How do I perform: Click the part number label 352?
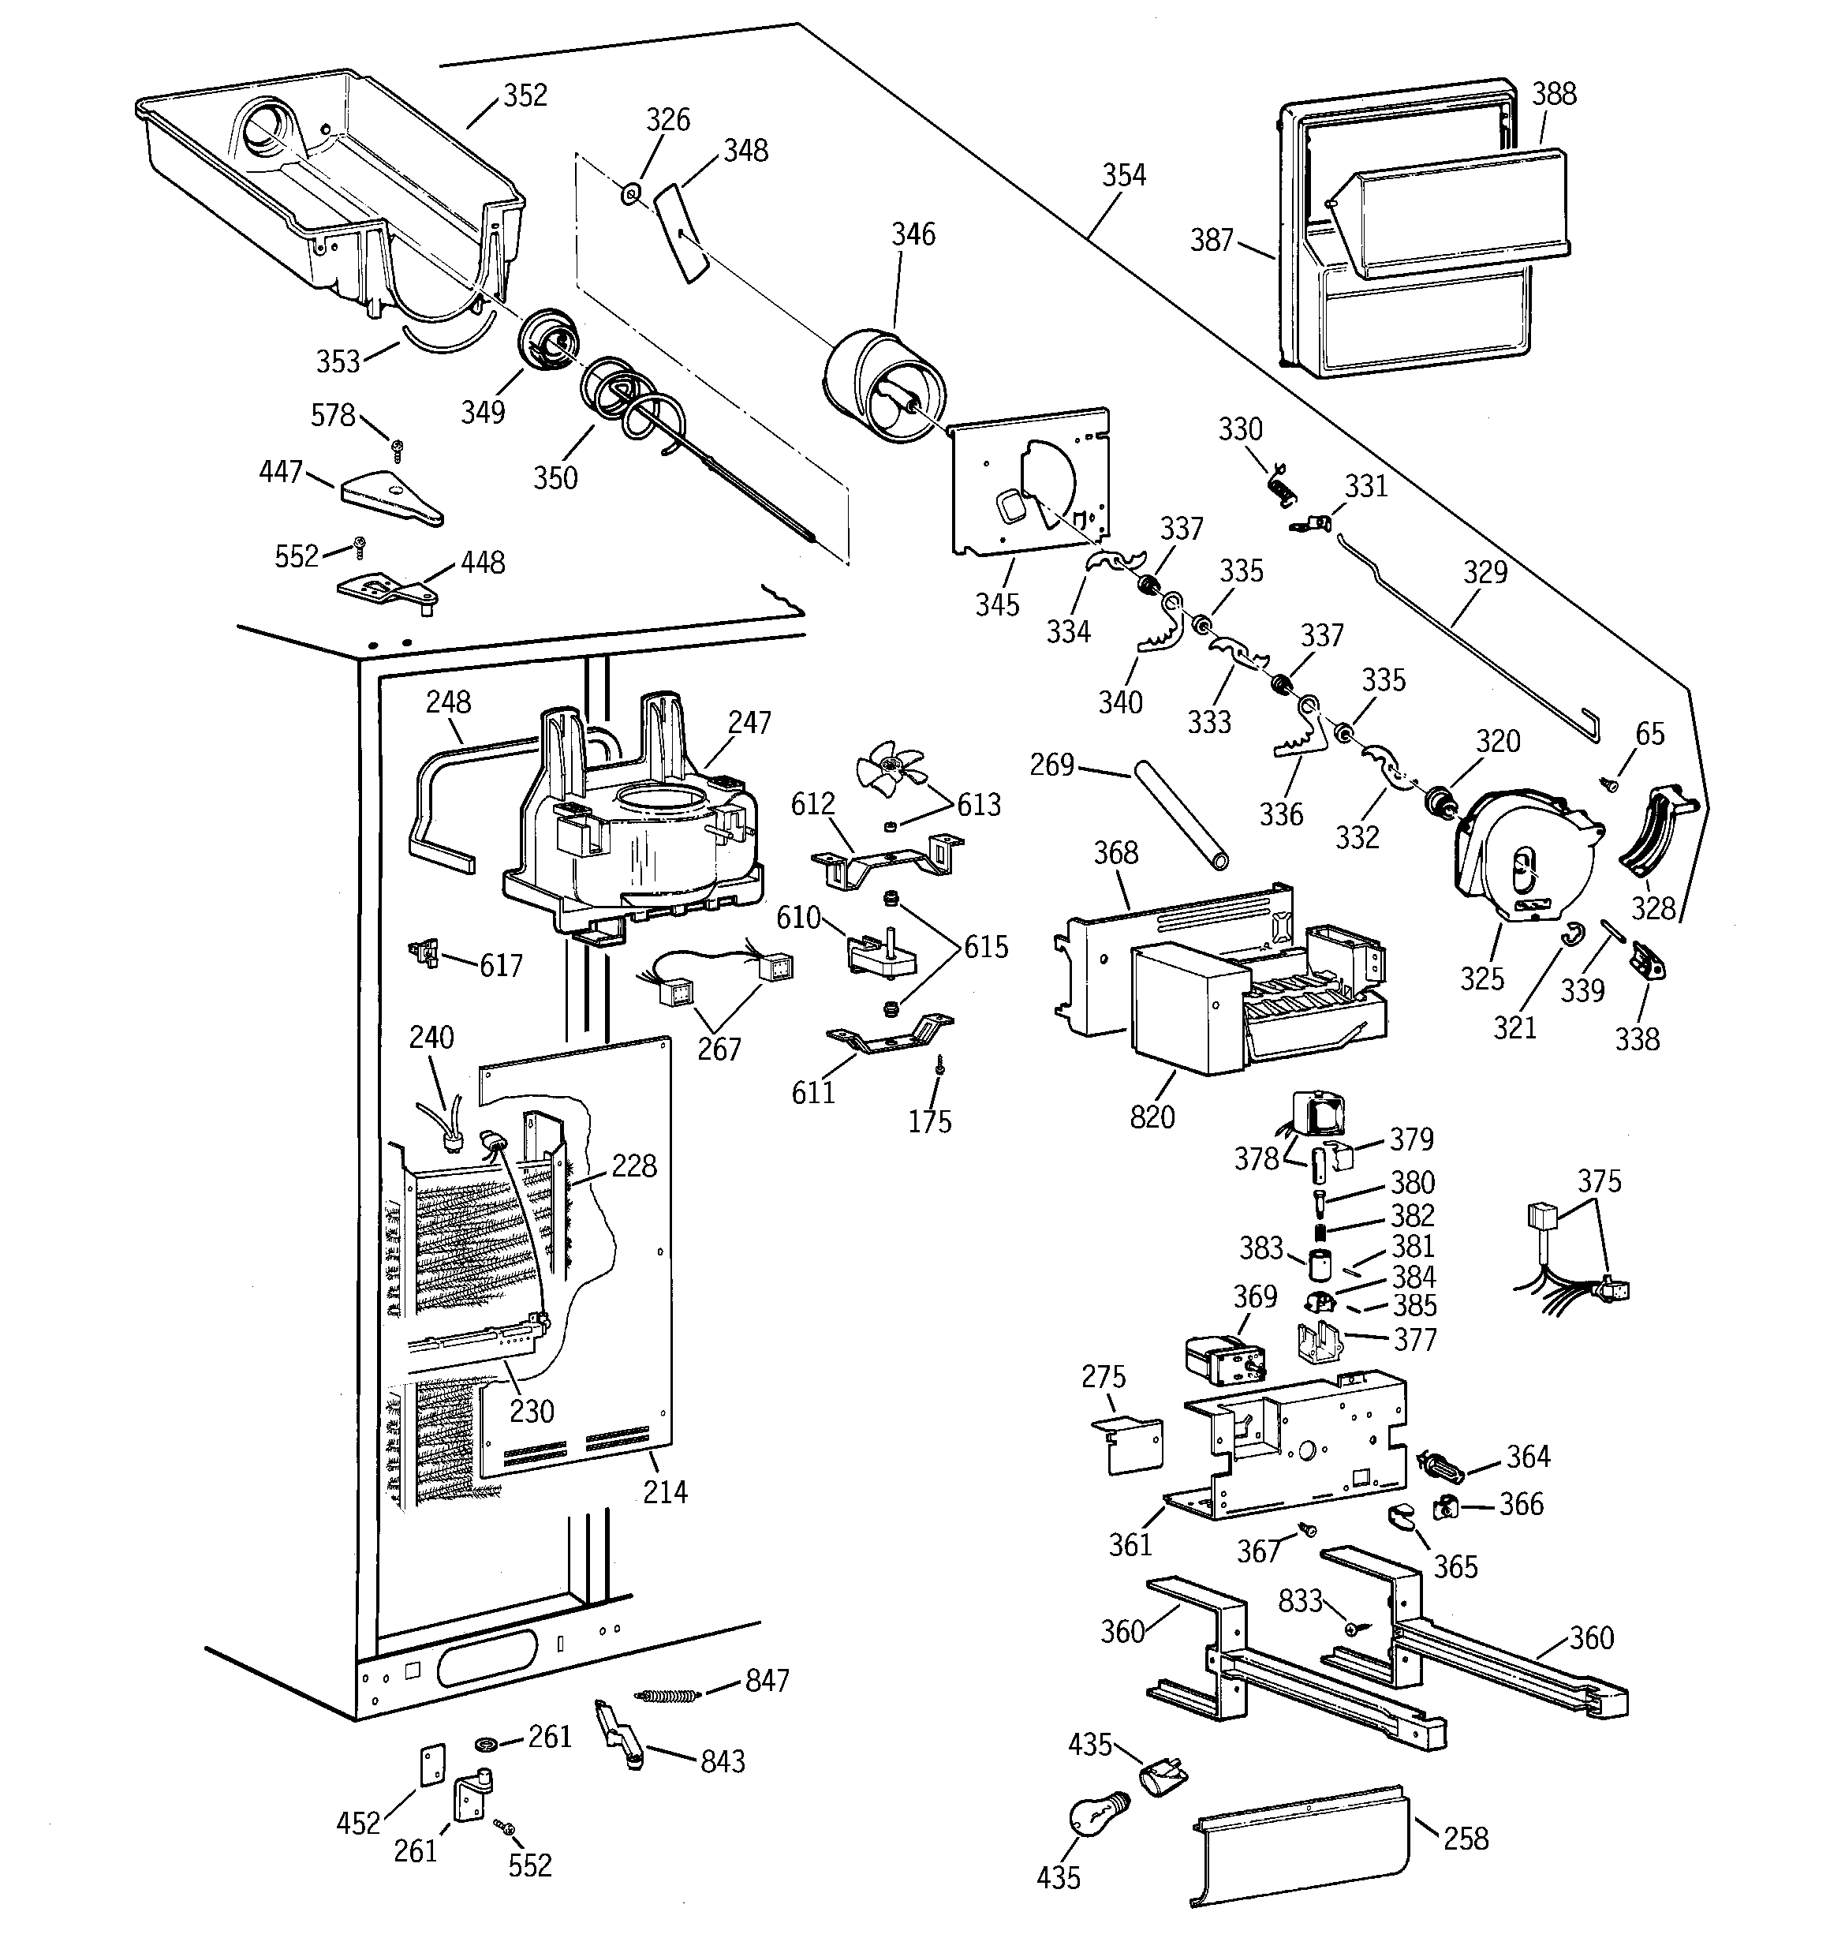(525, 95)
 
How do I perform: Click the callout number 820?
(1152, 1117)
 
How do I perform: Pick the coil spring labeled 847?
(667, 1695)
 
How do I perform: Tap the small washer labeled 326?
(630, 193)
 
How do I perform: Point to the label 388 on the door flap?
(1554, 95)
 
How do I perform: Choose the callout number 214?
(665, 1491)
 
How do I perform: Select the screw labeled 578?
(397, 449)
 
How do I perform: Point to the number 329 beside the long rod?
(1485, 572)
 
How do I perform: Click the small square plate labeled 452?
(432, 1764)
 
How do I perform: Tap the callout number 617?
(501, 966)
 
